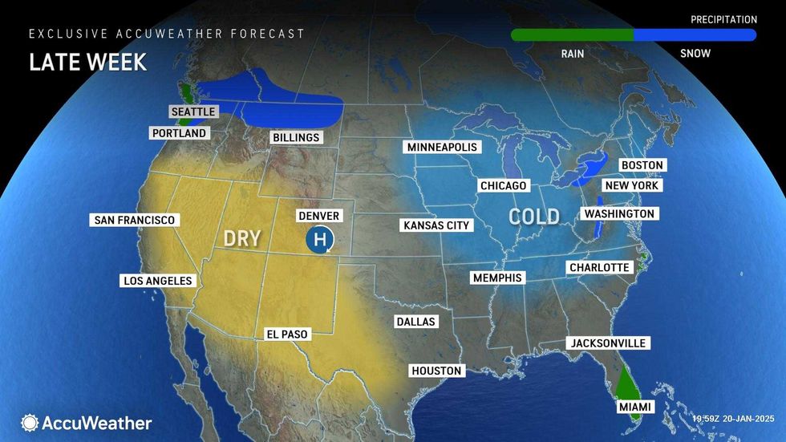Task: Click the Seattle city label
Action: coord(193,112)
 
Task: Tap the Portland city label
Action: coord(178,133)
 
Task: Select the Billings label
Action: coord(295,138)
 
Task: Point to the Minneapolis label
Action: coord(442,148)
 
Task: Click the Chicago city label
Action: coord(503,186)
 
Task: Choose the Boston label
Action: coord(642,165)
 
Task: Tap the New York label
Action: coord(631,185)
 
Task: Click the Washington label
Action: coord(619,214)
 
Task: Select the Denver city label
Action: coord(318,217)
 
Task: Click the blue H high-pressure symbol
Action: coord(320,239)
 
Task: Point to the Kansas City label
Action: coord(436,225)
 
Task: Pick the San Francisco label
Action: coord(134,220)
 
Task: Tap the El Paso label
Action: coord(286,335)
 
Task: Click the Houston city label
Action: coord(436,371)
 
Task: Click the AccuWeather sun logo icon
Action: coord(30,423)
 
